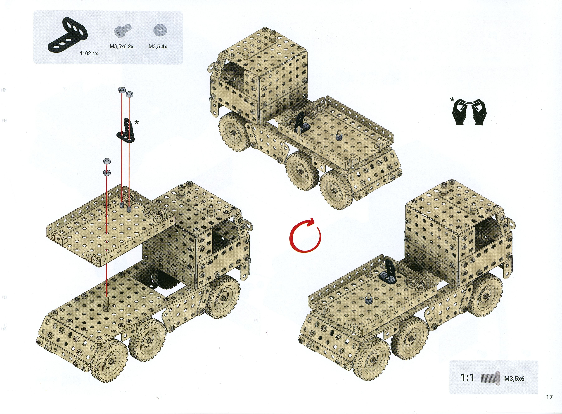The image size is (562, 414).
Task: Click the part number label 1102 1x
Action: tap(89, 53)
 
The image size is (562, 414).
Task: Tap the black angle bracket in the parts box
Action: tap(67, 34)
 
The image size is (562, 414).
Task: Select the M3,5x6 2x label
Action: tap(122, 46)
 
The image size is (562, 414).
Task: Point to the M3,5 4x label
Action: tap(158, 46)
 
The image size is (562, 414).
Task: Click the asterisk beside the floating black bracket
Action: tap(137, 122)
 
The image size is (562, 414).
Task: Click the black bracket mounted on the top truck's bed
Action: tap(300, 123)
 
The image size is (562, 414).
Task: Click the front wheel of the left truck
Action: tap(223, 297)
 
